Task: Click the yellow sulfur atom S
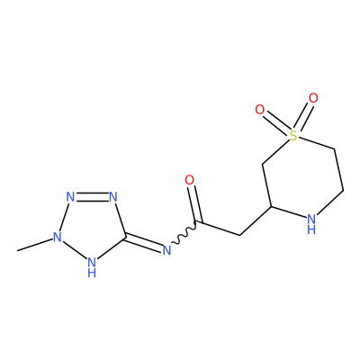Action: (293, 136)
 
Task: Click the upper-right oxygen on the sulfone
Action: (313, 98)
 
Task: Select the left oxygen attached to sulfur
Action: (260, 110)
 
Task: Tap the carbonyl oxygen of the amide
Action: (190, 180)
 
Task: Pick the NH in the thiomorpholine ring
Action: (312, 224)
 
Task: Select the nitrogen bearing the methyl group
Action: (57, 237)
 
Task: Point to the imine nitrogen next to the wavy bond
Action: (166, 250)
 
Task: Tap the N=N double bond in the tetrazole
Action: (92, 197)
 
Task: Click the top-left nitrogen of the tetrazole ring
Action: (70, 197)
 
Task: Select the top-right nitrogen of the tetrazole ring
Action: (113, 197)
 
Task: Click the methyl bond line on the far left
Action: (34, 245)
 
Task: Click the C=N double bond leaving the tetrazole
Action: (144, 244)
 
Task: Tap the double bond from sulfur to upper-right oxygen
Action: (302, 116)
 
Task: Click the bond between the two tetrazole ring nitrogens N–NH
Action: (74, 249)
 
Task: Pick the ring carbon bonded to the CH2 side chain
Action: (271, 206)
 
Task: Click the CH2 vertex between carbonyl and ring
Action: (240, 235)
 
